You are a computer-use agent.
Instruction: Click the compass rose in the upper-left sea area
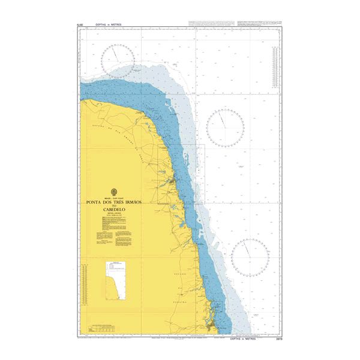pyautogui.click(x=117, y=61)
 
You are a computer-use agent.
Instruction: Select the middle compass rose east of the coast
pyautogui.click(x=225, y=127)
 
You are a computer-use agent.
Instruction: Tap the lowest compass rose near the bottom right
pyautogui.click(x=250, y=256)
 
